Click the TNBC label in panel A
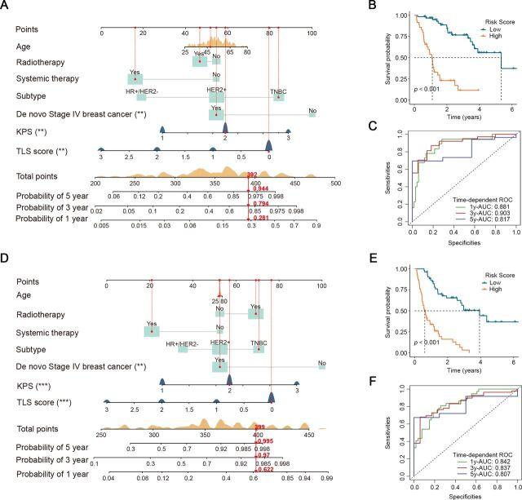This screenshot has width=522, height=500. pyautogui.click(x=279, y=91)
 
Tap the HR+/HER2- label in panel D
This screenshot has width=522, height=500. pyautogui.click(x=182, y=343)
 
